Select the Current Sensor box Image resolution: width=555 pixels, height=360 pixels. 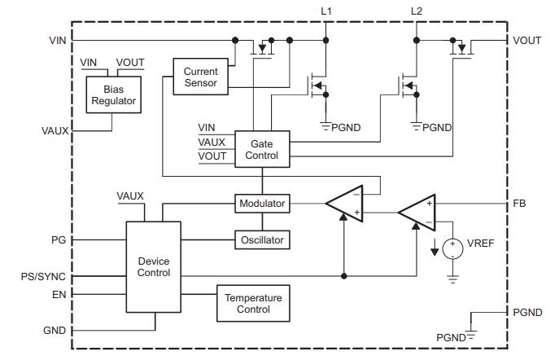pyautogui.click(x=200, y=77)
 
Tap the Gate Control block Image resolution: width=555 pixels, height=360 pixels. pyautogui.click(x=261, y=149)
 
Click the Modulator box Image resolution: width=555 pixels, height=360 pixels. pyautogui.click(x=261, y=203)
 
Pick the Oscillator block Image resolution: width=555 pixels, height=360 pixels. pyautogui.click(x=261, y=240)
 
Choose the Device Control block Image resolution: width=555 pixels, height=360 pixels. pyautogui.click(x=153, y=266)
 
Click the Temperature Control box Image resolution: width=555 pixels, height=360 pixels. pyautogui.click(x=253, y=304)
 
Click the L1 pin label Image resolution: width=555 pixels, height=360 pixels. pyautogui.click(x=326, y=11)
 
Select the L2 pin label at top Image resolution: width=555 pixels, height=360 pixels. pyautogui.click(x=417, y=11)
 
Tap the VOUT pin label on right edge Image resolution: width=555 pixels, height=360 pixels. pyautogui.click(x=527, y=40)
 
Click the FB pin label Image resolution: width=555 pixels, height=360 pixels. pyautogui.click(x=520, y=203)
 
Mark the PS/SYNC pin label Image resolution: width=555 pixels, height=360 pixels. pyautogui.click(x=42, y=277)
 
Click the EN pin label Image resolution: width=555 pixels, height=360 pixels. pyautogui.click(x=59, y=294)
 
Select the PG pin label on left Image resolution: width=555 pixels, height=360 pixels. pyautogui.click(x=58, y=240)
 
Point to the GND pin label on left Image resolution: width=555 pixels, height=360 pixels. pyautogui.click(x=55, y=331)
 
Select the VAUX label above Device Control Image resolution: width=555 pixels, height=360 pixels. pyautogui.click(x=130, y=196)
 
